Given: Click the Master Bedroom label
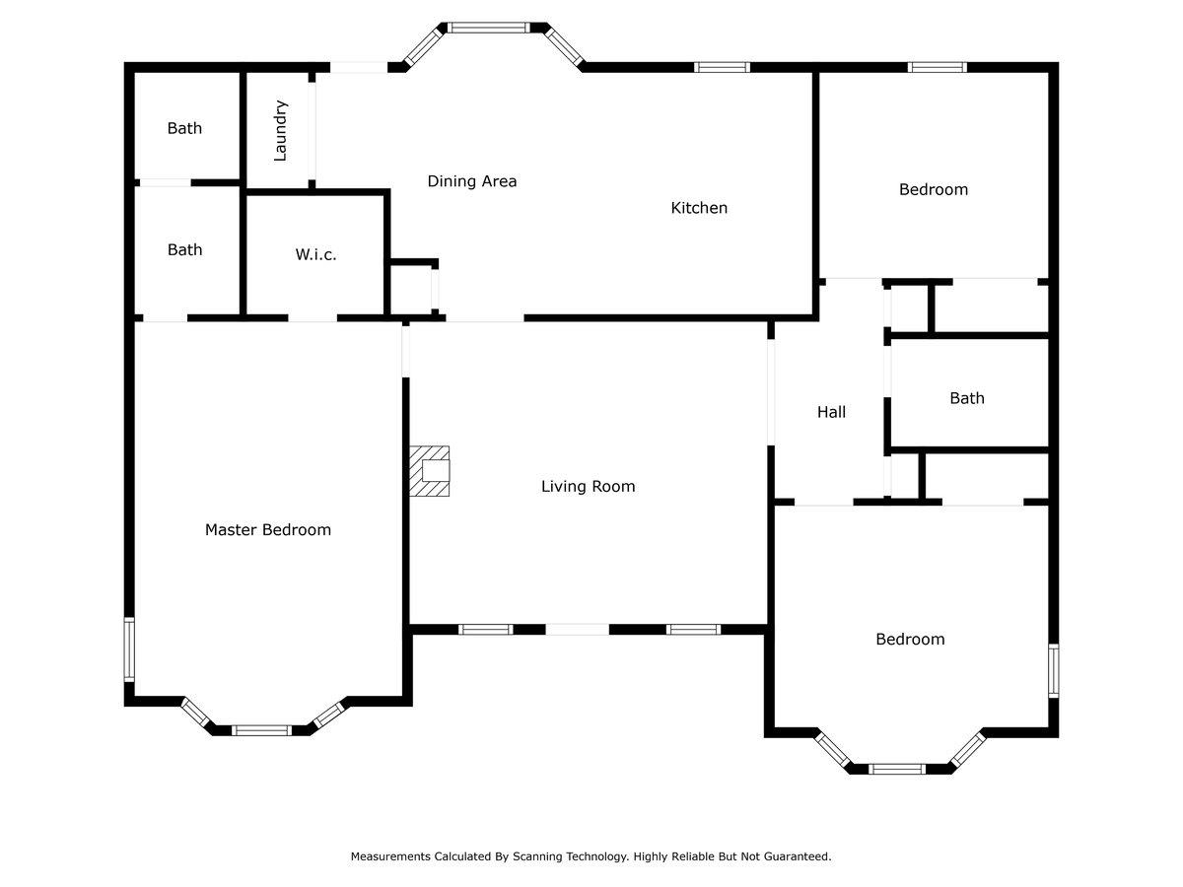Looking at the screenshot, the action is pos(268,530).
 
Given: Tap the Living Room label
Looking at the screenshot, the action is pos(588,487).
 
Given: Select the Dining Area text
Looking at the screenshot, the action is pos(472,181).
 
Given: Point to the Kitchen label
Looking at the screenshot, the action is pos(699,208).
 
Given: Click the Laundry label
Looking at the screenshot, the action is pos(280,131).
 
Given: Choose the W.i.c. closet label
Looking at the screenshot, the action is pos(315,254).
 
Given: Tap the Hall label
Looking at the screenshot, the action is pos(831,413).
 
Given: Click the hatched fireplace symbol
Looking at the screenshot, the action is pos(429,471).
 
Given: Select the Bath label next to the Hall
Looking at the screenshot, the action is pos(967,398).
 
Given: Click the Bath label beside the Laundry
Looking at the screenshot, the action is pos(184,128).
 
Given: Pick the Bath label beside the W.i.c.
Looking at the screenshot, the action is pos(185,250).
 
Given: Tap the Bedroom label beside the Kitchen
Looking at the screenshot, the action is pos(934,189).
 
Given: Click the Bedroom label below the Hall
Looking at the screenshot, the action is pos(910,640).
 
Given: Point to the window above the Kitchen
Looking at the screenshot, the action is pos(722,67).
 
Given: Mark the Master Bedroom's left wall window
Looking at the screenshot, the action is pos(129,649).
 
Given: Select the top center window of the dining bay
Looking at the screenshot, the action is pos(489,28).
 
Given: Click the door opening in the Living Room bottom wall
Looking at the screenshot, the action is pos(578,630).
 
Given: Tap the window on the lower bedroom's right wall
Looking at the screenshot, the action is pos(1054,670).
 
